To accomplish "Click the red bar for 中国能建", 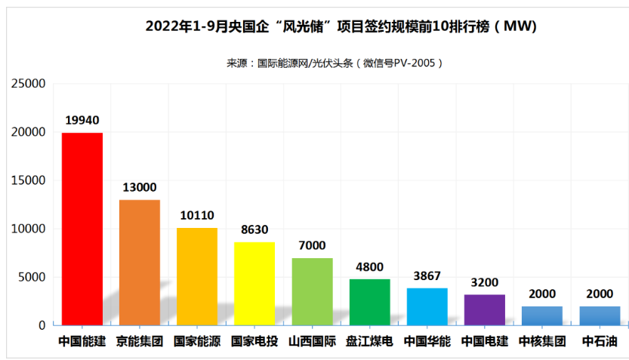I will point(82,229).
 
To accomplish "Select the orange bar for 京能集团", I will point(139,262).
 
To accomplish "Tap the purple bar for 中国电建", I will point(484,309).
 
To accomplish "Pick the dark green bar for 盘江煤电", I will point(369,302).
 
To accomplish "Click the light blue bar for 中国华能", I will point(427,306).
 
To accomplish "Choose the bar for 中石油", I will point(600,315).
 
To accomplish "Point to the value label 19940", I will point(82,120).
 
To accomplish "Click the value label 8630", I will point(254,229).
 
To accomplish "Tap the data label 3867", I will point(427,275).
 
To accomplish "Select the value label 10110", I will point(196,215).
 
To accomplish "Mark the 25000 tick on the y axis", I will point(28,84).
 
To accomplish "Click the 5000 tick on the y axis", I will point(32,277).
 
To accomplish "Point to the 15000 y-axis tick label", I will point(28,180).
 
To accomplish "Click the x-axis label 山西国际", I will point(312,341).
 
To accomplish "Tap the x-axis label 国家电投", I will point(254,341).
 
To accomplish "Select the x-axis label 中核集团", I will point(542,341).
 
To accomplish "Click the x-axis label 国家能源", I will point(196,341).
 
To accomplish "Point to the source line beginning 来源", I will point(335,63).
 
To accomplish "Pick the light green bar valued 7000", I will point(312,291).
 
